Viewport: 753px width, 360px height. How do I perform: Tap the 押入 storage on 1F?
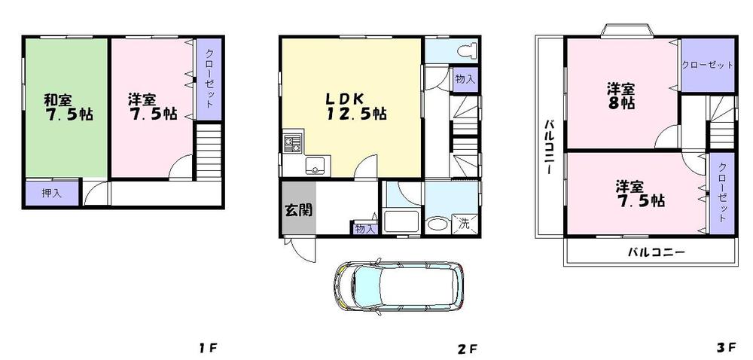51,194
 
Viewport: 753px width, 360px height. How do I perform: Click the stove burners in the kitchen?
292,142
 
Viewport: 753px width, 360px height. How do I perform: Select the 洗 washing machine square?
465,224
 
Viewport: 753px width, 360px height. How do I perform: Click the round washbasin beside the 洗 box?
436,224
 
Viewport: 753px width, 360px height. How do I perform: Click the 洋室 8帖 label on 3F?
621,96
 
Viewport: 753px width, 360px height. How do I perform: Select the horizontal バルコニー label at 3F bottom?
656,252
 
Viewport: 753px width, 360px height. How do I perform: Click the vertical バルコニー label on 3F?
550,147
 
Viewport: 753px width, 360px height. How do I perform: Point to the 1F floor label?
208,348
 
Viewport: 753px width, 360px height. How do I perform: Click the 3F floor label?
725,348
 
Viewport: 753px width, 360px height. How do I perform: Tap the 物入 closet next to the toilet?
465,79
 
